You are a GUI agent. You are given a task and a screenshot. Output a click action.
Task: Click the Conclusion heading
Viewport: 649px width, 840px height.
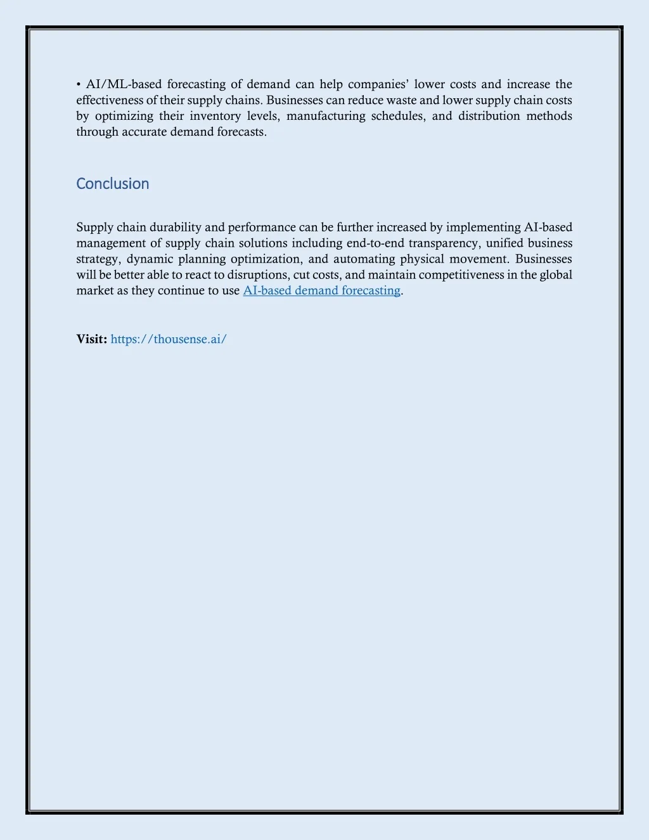[113, 184]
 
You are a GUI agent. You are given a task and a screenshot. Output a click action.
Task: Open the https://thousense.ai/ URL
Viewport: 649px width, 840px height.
[169, 339]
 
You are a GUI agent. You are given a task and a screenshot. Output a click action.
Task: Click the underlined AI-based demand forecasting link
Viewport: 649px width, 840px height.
[321, 290]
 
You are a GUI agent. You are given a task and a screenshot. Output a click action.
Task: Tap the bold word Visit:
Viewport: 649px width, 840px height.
[92, 339]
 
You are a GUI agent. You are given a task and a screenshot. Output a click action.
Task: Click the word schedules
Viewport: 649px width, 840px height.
[397, 116]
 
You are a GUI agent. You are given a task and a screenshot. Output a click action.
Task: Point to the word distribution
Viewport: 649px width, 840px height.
[489, 116]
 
